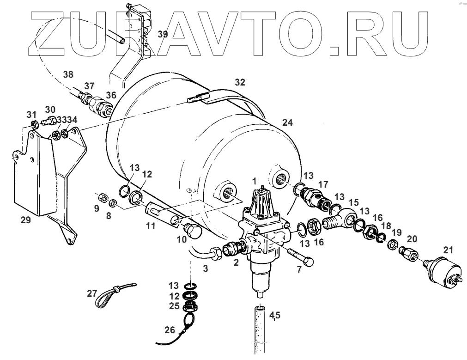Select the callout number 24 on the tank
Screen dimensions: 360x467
click(287, 123)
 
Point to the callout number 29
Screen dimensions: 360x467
click(26, 220)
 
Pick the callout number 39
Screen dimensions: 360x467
click(162, 34)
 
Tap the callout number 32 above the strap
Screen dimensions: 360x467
click(240, 82)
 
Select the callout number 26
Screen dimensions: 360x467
click(170, 330)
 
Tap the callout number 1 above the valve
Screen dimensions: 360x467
click(254, 179)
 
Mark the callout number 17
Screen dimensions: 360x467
click(323, 184)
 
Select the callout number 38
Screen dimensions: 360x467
click(68, 74)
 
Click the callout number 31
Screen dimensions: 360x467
click(30, 115)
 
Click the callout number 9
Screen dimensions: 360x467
click(97, 208)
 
